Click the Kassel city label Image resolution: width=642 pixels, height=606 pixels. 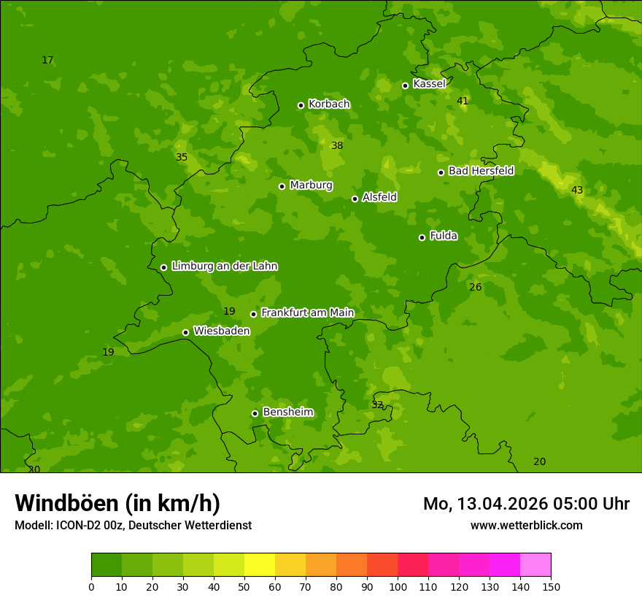point(429,84)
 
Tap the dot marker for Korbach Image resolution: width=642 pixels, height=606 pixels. point(301,105)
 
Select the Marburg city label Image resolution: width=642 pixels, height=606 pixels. point(311,185)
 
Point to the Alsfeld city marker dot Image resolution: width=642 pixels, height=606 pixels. point(355,199)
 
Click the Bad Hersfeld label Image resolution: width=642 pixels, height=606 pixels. point(481,171)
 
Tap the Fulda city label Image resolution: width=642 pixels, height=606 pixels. point(444,236)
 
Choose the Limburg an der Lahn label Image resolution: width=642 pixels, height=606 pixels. point(224,266)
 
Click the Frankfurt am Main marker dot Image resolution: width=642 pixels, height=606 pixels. point(253,314)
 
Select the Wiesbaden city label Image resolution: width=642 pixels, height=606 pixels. point(221,331)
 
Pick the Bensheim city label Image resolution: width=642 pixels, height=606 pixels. point(287,412)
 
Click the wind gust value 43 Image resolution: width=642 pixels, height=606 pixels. point(577,191)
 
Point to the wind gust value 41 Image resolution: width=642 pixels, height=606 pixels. point(463,101)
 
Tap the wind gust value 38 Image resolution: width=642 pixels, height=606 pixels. point(337,146)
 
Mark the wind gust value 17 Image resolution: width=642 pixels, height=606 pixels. point(47,61)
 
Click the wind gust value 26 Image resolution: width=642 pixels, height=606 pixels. point(475,288)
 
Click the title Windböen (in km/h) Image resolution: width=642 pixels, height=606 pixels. point(117,503)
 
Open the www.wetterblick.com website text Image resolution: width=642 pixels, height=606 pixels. point(526,525)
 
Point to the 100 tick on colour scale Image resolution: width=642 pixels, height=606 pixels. point(398,586)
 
